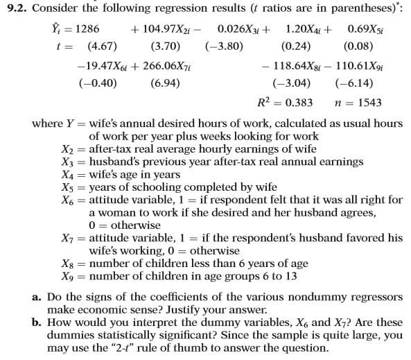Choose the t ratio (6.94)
tap(165, 84)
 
